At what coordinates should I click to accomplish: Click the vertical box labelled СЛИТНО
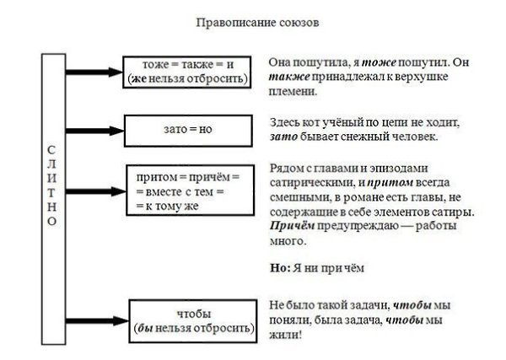coord(52,197)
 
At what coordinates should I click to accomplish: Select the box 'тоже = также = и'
coord(187,71)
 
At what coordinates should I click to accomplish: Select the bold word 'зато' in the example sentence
coord(284,137)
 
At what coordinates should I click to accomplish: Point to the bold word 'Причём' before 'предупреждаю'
coord(288,227)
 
